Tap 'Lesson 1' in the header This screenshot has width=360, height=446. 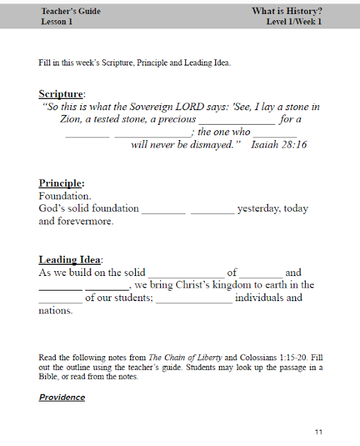click(57, 22)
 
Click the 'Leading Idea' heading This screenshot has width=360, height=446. click(70, 260)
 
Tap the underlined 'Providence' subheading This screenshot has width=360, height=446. click(62, 397)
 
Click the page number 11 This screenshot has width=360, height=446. click(318, 432)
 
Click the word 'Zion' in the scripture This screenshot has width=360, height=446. click(72, 119)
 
